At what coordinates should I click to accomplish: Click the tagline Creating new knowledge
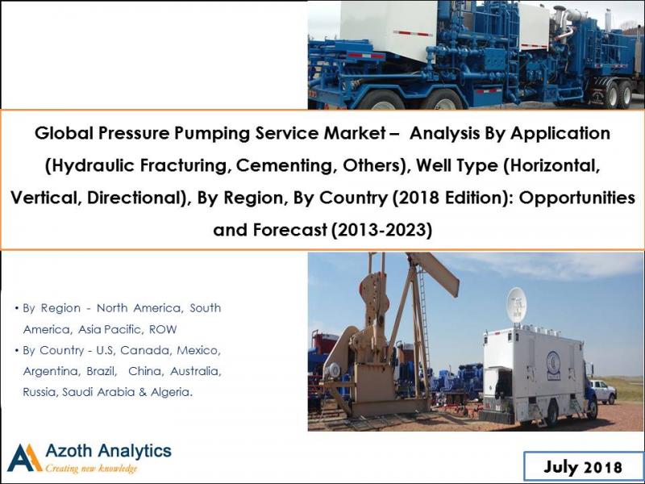pyautogui.click(x=91, y=469)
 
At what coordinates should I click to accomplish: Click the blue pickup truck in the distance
pyautogui.click(x=601, y=391)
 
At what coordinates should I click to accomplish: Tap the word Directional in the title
pyautogui.click(x=124, y=198)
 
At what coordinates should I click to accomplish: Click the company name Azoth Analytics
pyautogui.click(x=108, y=450)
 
